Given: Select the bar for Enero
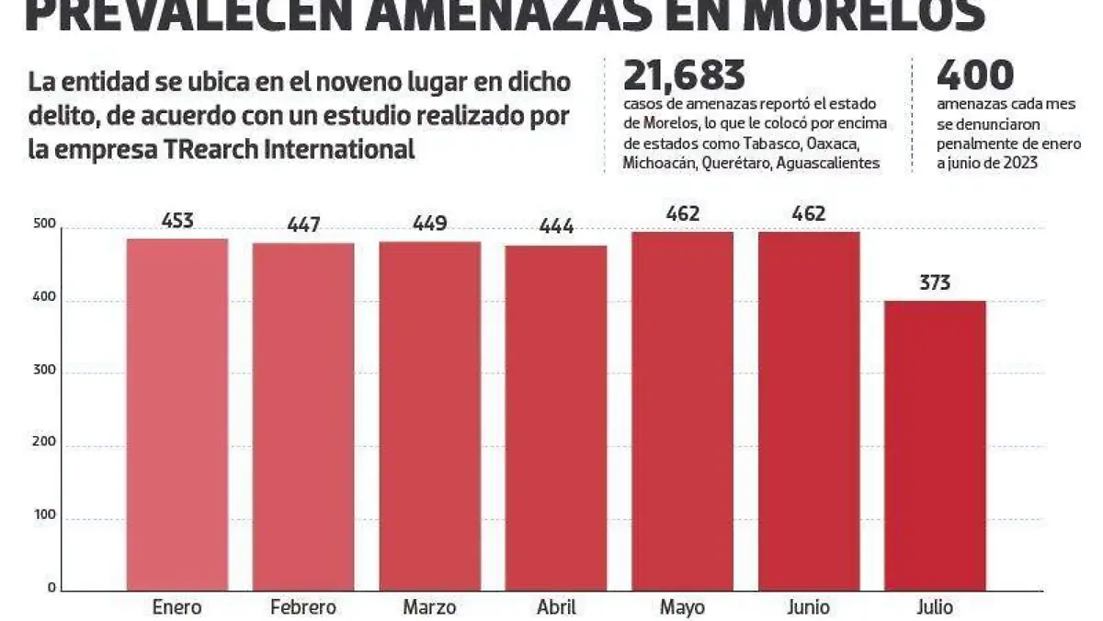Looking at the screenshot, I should click(x=177, y=414).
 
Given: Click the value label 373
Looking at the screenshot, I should click(x=935, y=283).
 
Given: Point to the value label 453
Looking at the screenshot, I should click(x=177, y=222).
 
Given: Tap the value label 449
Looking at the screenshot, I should click(x=429, y=224).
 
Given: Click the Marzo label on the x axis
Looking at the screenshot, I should click(x=429, y=607).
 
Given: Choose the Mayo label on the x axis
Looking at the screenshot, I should click(x=682, y=607).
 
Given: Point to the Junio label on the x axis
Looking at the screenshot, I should click(x=808, y=607).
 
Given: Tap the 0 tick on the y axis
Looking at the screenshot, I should click(x=52, y=588).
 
